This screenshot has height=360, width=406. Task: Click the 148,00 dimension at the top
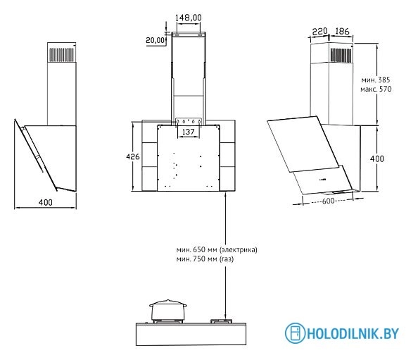pyautogui.click(x=188, y=17)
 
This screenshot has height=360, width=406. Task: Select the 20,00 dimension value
pyautogui.click(x=155, y=40)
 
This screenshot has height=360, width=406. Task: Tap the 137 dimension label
pyautogui.click(x=188, y=132)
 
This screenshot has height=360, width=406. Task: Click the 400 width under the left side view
pyautogui.click(x=45, y=203)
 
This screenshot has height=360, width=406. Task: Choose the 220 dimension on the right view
pyautogui.click(x=321, y=32)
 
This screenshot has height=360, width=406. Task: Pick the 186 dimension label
pyautogui.click(x=343, y=32)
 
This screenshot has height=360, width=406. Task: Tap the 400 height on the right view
pyautogui.click(x=377, y=160)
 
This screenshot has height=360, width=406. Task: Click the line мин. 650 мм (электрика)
pyautogui.click(x=217, y=250)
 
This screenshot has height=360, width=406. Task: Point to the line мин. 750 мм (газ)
pyautogui.click(x=205, y=259)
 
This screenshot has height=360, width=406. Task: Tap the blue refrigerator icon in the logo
pyautogui.click(x=296, y=333)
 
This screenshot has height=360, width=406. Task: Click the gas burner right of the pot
pyautogui.click(x=224, y=322)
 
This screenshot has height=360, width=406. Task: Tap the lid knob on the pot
pyautogui.click(x=166, y=301)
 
